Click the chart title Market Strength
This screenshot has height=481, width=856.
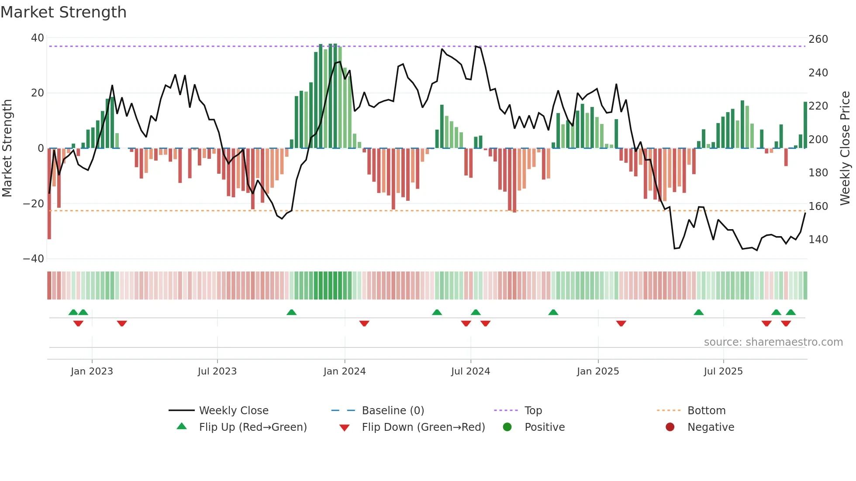click(63, 12)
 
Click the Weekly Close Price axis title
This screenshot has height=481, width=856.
click(845, 148)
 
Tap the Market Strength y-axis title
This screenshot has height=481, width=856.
click(7, 148)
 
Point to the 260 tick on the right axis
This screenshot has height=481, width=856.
click(818, 39)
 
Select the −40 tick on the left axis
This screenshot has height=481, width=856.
click(34, 259)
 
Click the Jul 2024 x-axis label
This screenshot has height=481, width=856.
click(470, 371)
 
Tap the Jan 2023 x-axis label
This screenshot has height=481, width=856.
click(92, 371)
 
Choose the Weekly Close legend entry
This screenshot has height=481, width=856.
click(233, 411)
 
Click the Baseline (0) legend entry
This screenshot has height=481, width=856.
click(393, 411)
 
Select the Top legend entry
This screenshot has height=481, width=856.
click(533, 411)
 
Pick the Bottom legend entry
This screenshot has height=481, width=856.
click(706, 411)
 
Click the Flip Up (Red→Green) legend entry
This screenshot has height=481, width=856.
click(252, 427)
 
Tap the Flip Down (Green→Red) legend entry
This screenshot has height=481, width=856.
click(423, 427)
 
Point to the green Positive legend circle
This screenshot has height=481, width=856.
click(507, 427)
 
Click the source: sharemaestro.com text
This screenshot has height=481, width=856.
click(773, 342)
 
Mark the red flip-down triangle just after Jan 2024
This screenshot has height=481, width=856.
click(364, 323)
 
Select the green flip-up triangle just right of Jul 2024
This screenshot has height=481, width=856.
click(476, 312)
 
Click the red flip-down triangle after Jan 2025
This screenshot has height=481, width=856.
click(621, 323)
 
